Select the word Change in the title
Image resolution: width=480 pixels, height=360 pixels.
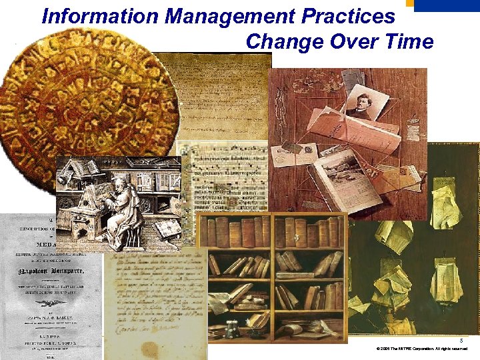279,42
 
